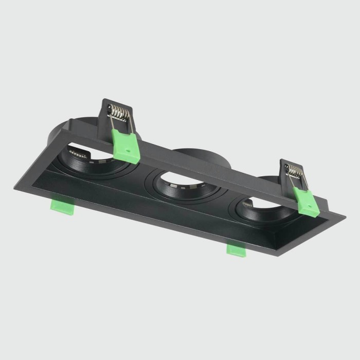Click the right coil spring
[x=295, y=170]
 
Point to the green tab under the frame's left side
[x=60, y=206]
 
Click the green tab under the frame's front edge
[x=237, y=249]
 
